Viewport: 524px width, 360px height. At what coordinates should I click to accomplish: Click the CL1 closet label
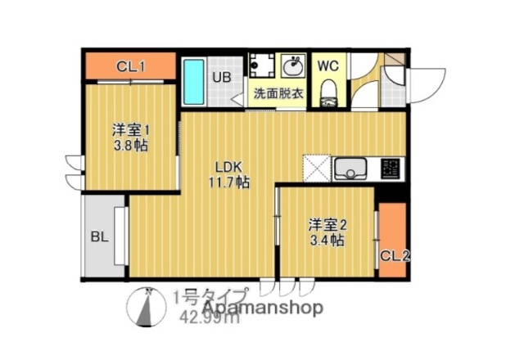131,66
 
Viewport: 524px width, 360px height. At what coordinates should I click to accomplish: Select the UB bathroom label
222,78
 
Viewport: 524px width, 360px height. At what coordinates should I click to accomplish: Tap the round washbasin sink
292,65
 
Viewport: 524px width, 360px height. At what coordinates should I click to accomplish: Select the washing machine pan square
263,66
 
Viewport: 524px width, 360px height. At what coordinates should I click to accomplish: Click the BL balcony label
100,238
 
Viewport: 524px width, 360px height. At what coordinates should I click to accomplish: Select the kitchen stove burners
391,169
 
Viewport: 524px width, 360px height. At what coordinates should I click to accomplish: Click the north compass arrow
147,311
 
